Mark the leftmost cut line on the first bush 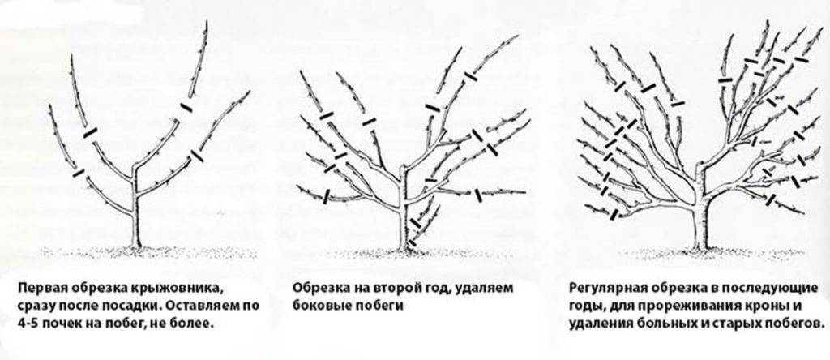tap(79, 173)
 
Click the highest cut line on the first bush tap(186, 108)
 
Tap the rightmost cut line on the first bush tap(197, 156)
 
